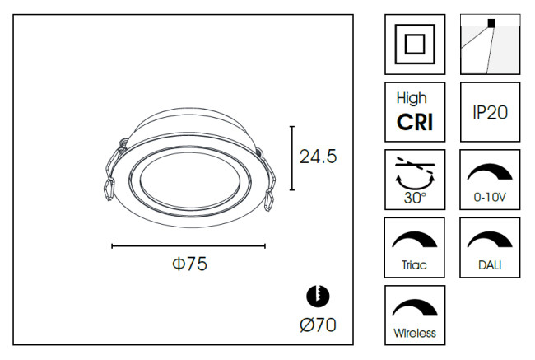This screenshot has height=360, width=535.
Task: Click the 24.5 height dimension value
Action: (x=318, y=157)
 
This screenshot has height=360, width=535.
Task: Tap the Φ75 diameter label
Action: (x=189, y=264)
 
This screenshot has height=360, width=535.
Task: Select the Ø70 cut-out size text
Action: (x=318, y=325)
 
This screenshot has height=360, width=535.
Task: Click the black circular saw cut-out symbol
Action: (x=318, y=296)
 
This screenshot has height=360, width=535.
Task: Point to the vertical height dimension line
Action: (x=292, y=158)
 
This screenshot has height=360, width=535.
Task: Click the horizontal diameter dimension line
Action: (x=188, y=246)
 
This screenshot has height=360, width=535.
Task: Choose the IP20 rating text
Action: (x=490, y=112)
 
